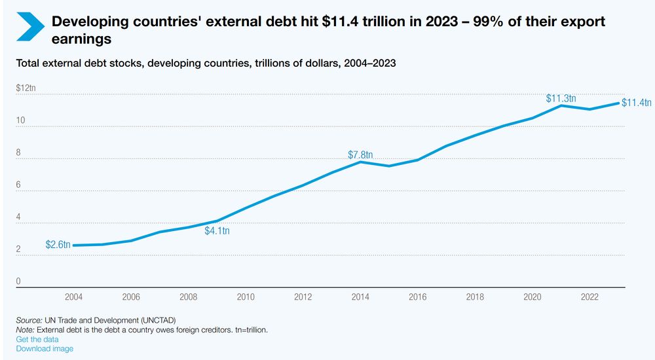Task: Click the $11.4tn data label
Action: (x=637, y=103)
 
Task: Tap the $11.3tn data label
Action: (x=561, y=99)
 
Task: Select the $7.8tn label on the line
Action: (x=360, y=155)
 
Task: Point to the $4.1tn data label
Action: (x=217, y=230)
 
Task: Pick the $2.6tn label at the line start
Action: (x=58, y=245)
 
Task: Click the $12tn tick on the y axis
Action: (x=26, y=88)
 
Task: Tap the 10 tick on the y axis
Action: (x=20, y=121)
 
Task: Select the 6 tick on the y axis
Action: (x=18, y=185)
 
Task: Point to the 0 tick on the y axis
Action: (x=18, y=282)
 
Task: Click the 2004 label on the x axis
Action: (x=73, y=297)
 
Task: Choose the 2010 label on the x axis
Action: (x=246, y=297)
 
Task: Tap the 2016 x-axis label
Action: (x=417, y=297)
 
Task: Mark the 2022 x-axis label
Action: (x=589, y=297)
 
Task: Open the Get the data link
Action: (x=37, y=339)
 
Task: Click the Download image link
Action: (x=45, y=348)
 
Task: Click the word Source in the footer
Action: (x=28, y=320)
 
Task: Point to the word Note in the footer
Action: (x=26, y=330)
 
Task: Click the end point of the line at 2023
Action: (x=618, y=103)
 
